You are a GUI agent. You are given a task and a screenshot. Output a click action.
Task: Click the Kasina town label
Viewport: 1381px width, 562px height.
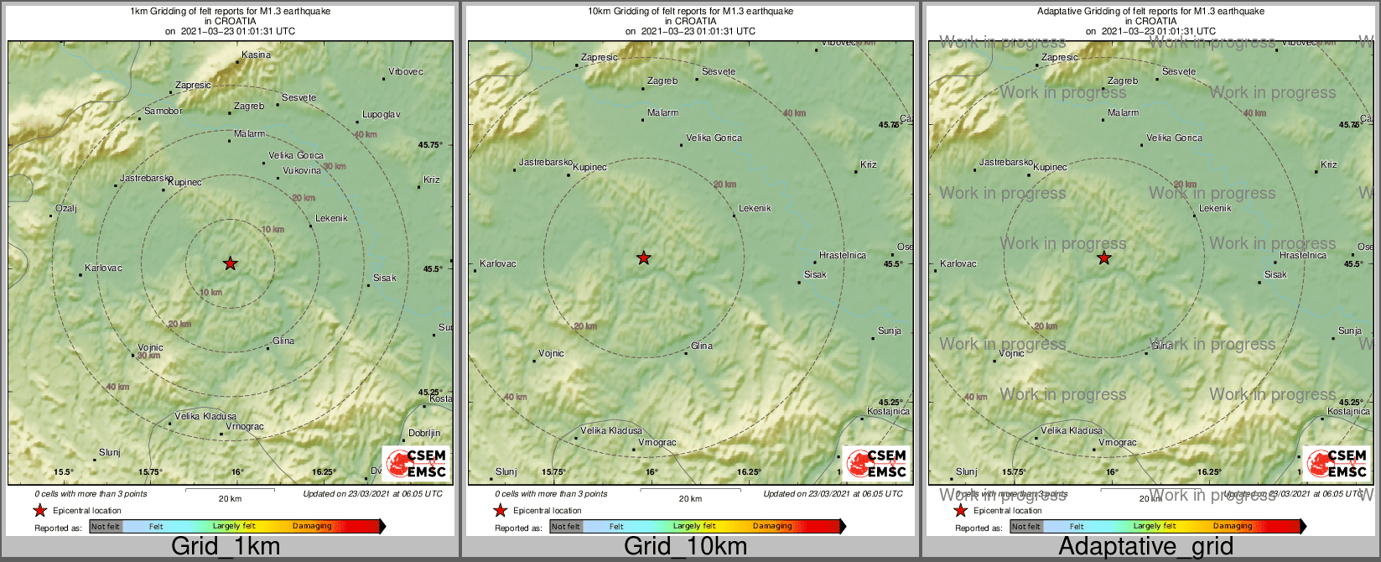click(x=257, y=55)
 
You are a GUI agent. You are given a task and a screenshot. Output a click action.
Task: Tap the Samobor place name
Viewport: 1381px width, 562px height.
click(x=163, y=112)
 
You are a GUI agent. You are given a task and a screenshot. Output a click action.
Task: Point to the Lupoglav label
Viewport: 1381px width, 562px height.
click(x=382, y=115)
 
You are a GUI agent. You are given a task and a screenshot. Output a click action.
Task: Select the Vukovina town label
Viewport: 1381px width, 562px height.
click(x=302, y=171)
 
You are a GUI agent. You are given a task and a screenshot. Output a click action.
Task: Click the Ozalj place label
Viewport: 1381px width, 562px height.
click(x=66, y=209)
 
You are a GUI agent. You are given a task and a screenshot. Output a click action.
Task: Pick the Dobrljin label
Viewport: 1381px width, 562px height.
click(x=424, y=434)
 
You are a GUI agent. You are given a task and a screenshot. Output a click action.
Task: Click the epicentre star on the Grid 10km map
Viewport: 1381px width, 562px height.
click(x=644, y=258)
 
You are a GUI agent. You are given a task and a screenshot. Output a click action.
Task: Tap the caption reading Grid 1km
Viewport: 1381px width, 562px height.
click(x=226, y=547)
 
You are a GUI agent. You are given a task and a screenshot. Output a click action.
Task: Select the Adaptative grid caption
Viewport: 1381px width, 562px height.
click(x=1145, y=547)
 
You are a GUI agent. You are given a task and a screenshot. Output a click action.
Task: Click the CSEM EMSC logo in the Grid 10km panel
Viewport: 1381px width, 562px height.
click(x=876, y=463)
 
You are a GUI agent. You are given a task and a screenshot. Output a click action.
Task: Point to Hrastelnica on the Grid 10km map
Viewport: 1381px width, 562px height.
click(x=843, y=256)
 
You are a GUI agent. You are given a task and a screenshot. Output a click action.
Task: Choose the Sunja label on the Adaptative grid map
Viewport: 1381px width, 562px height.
click(x=1350, y=331)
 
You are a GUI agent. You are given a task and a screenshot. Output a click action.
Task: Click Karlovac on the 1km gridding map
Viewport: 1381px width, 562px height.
click(x=104, y=268)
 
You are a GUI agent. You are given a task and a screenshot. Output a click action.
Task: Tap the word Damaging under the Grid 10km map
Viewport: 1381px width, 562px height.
click(x=772, y=527)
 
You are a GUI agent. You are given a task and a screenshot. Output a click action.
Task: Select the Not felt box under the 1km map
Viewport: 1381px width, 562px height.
click(x=106, y=527)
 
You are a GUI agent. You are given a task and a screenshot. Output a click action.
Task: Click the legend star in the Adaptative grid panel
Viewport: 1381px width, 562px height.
click(x=961, y=511)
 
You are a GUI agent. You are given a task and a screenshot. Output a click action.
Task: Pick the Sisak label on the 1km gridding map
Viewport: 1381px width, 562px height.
click(x=385, y=278)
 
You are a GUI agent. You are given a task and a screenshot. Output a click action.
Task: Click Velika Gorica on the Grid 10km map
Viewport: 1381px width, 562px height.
click(x=714, y=138)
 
